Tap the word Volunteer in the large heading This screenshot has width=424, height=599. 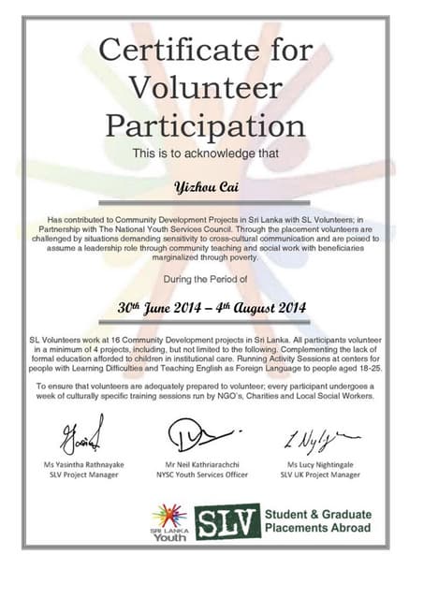pos(205,86)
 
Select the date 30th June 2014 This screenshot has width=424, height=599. pos(160,306)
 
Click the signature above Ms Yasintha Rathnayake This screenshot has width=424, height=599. pos(82,436)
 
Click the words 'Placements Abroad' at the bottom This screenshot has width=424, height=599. pos(317,529)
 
